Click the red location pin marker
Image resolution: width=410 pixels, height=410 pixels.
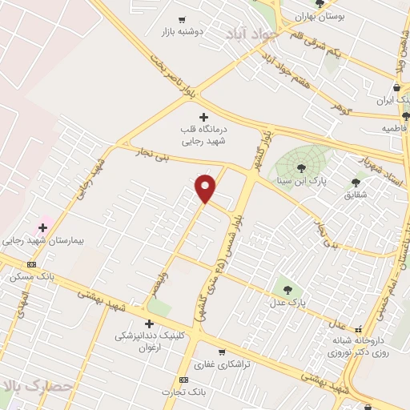(206, 187)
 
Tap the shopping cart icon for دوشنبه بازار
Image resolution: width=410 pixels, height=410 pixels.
(182, 20)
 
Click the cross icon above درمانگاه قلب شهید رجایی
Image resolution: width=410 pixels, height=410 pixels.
(203, 117)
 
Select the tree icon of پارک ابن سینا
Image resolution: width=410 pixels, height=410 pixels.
(300, 167)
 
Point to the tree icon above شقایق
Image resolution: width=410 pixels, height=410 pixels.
(356, 183)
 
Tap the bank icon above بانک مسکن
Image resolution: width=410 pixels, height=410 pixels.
(32, 264)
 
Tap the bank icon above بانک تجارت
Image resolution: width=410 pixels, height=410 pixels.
(184, 380)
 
